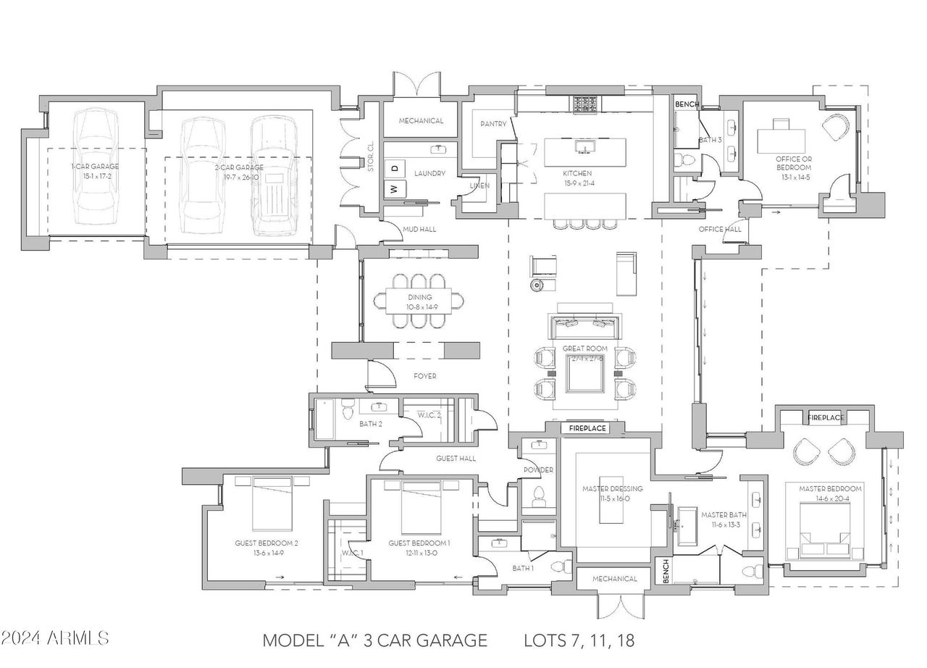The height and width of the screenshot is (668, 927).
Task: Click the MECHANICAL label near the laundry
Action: click(421, 121)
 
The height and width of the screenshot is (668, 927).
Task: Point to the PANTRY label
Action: click(493, 124)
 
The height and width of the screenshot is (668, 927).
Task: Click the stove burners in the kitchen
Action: click(584, 105)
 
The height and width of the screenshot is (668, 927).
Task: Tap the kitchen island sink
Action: click(584, 149)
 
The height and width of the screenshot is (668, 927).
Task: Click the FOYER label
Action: click(424, 376)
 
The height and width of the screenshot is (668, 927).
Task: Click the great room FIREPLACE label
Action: click(587, 428)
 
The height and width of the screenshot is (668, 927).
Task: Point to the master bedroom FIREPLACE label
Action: click(826, 418)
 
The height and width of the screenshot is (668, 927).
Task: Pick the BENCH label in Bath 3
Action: click(687, 104)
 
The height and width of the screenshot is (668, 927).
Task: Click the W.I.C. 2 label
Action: click(429, 415)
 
